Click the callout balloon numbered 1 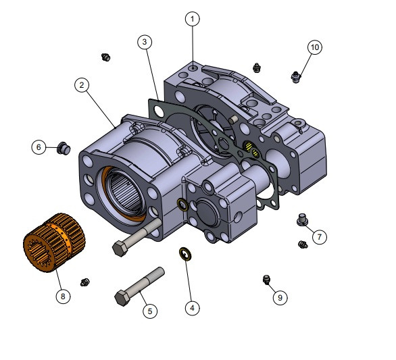[x=193, y=19]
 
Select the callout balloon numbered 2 [x=82, y=85]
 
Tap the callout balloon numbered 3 [x=145, y=42]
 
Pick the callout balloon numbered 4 [x=193, y=308]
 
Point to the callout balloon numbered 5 [x=150, y=311]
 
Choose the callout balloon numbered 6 [x=39, y=147]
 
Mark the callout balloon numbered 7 [x=320, y=237]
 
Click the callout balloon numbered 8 [x=63, y=296]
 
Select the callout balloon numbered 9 [x=280, y=297]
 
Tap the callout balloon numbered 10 [x=315, y=47]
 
